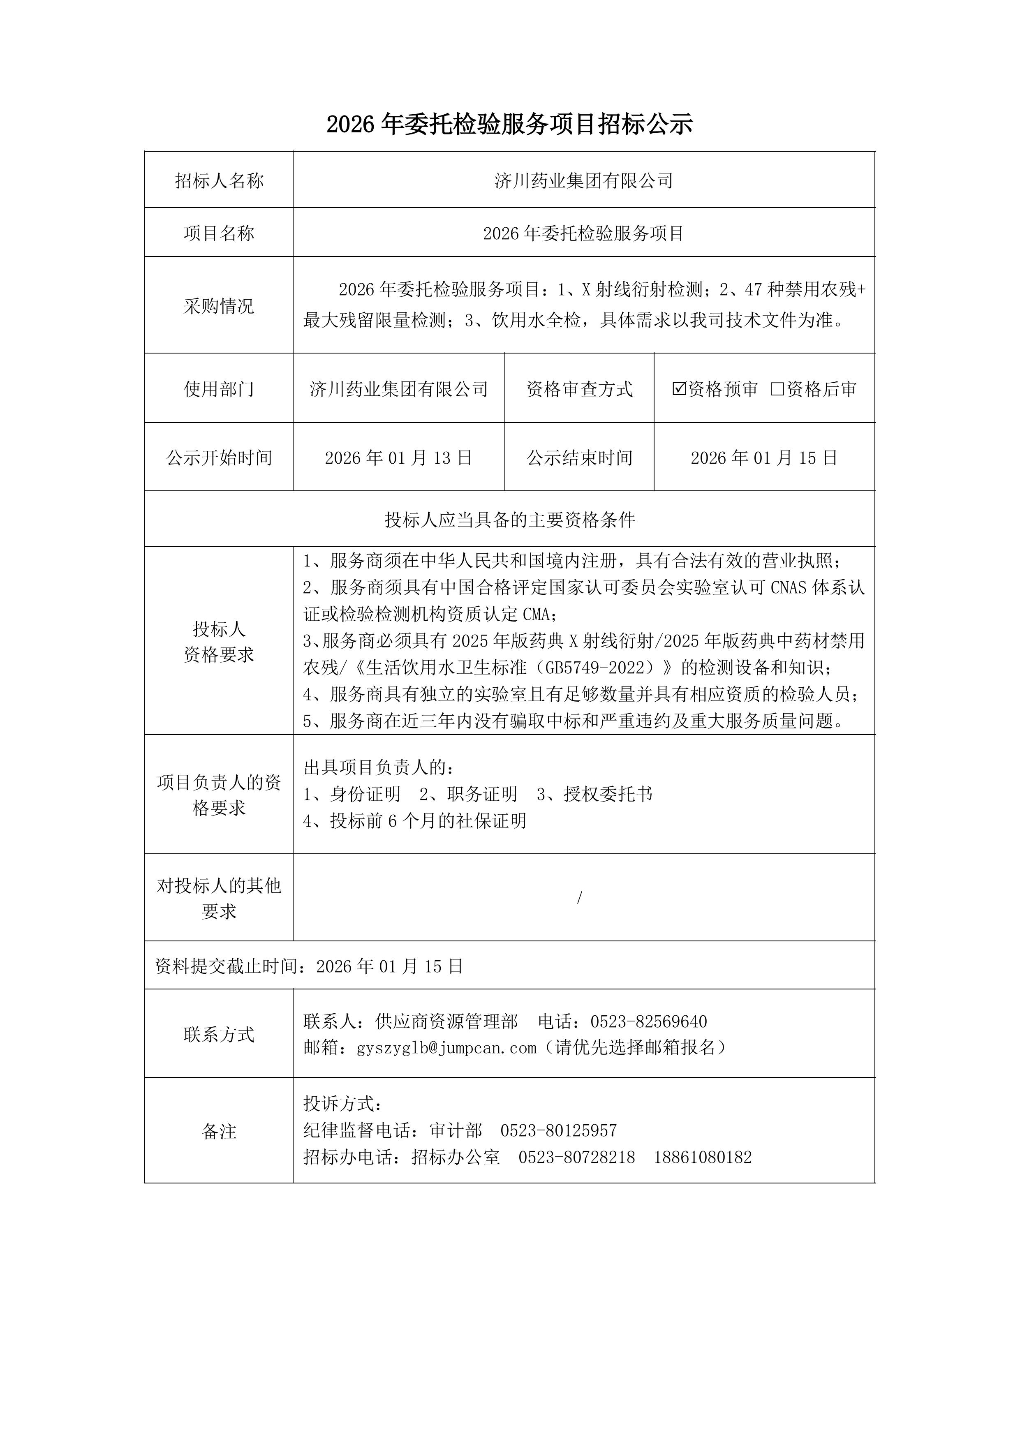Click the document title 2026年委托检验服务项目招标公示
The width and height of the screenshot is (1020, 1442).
click(x=509, y=125)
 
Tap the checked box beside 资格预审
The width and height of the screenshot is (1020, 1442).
click(x=679, y=389)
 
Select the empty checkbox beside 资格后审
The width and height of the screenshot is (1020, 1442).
click(x=777, y=389)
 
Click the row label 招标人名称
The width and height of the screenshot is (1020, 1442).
click(x=219, y=181)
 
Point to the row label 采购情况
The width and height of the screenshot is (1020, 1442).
click(x=219, y=306)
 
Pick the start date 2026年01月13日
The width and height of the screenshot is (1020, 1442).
click(x=398, y=458)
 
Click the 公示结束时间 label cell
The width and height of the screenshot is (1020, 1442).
click(x=579, y=458)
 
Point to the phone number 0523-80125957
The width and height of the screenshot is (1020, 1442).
click(x=558, y=1130)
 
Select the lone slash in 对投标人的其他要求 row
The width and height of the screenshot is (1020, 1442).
click(x=579, y=897)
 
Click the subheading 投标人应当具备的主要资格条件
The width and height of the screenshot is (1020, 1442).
click(x=509, y=520)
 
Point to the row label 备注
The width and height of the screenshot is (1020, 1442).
click(x=219, y=1131)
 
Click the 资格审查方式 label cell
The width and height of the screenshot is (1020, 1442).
click(x=579, y=389)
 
